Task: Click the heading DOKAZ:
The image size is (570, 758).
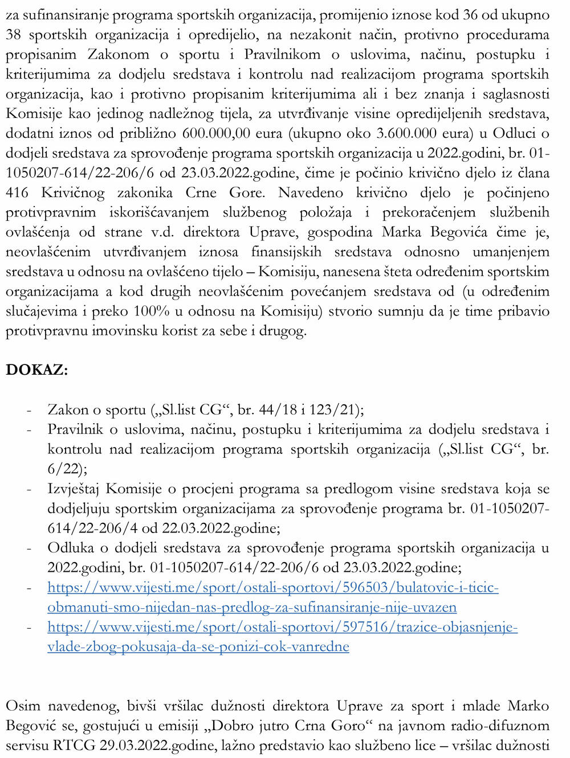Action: click(x=36, y=370)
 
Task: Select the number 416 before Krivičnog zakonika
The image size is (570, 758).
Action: click(x=17, y=192)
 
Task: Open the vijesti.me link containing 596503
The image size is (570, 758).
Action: click(x=273, y=597)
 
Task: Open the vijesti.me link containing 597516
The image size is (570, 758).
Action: click(x=282, y=637)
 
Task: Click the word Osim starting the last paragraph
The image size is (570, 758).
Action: click(x=23, y=706)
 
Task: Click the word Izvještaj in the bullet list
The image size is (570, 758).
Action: click(x=74, y=489)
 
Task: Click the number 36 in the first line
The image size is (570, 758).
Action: click(x=470, y=15)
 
